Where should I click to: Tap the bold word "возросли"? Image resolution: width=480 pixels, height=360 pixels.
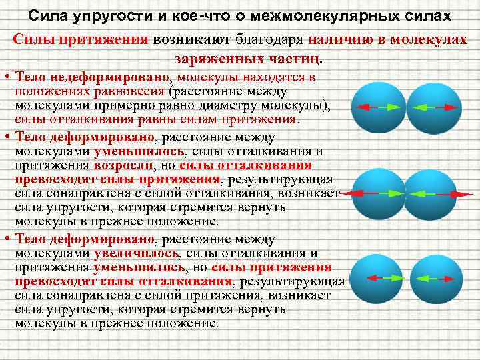[x=125, y=165]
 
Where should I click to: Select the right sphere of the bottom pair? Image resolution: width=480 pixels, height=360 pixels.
[x=431, y=278]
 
